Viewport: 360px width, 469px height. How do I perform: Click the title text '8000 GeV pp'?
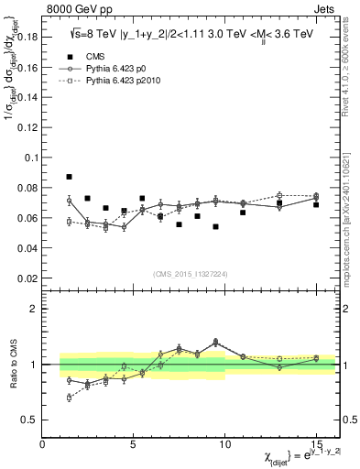tap(76, 11)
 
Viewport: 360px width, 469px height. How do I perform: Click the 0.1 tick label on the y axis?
tap(31, 158)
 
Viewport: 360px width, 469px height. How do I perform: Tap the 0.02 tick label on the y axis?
tap(28, 278)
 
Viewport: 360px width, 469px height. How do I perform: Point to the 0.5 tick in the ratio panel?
tap(31, 420)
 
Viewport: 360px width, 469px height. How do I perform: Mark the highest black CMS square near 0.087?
tap(69, 177)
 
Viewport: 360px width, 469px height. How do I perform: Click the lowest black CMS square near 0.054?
tap(215, 226)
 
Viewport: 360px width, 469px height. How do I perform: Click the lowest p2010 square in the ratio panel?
tap(69, 398)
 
